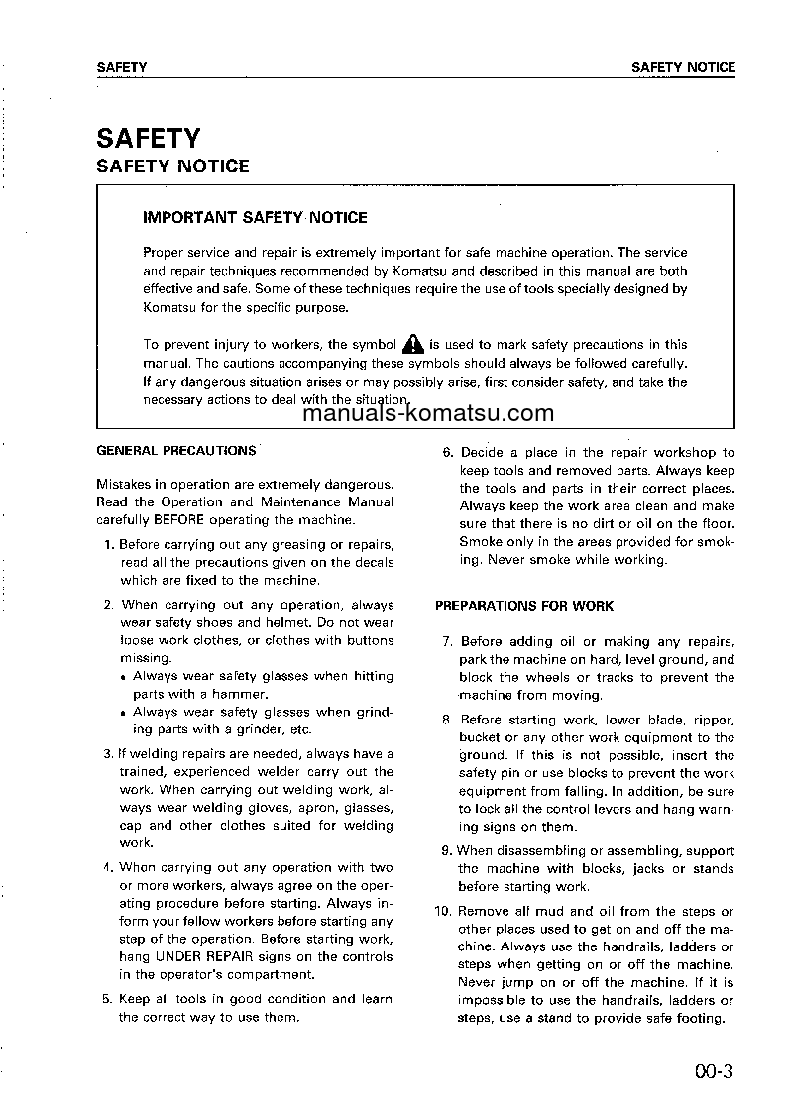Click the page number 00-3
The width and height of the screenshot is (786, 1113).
coord(713,1070)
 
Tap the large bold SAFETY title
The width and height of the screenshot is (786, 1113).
coord(148,137)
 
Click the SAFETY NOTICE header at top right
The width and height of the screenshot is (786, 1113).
coord(683,68)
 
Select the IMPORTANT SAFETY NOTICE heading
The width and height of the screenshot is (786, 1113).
coord(255,217)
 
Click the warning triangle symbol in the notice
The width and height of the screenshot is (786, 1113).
coord(413,344)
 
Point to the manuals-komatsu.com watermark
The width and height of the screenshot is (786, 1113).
coord(428,414)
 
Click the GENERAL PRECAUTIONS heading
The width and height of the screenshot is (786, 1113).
coord(175,450)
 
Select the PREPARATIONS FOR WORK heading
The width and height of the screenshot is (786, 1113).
coord(524,606)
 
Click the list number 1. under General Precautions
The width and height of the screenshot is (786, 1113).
coord(109,544)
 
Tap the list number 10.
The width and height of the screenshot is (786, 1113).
coord(443,912)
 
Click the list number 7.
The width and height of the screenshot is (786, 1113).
coord(448,642)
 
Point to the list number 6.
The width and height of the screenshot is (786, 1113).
coord(448,453)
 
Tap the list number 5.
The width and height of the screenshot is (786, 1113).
coord(108,999)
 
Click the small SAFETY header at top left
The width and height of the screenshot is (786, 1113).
coord(122,68)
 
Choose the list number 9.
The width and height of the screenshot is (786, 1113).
coord(446,851)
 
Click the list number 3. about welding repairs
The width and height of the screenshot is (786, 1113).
coord(108,754)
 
